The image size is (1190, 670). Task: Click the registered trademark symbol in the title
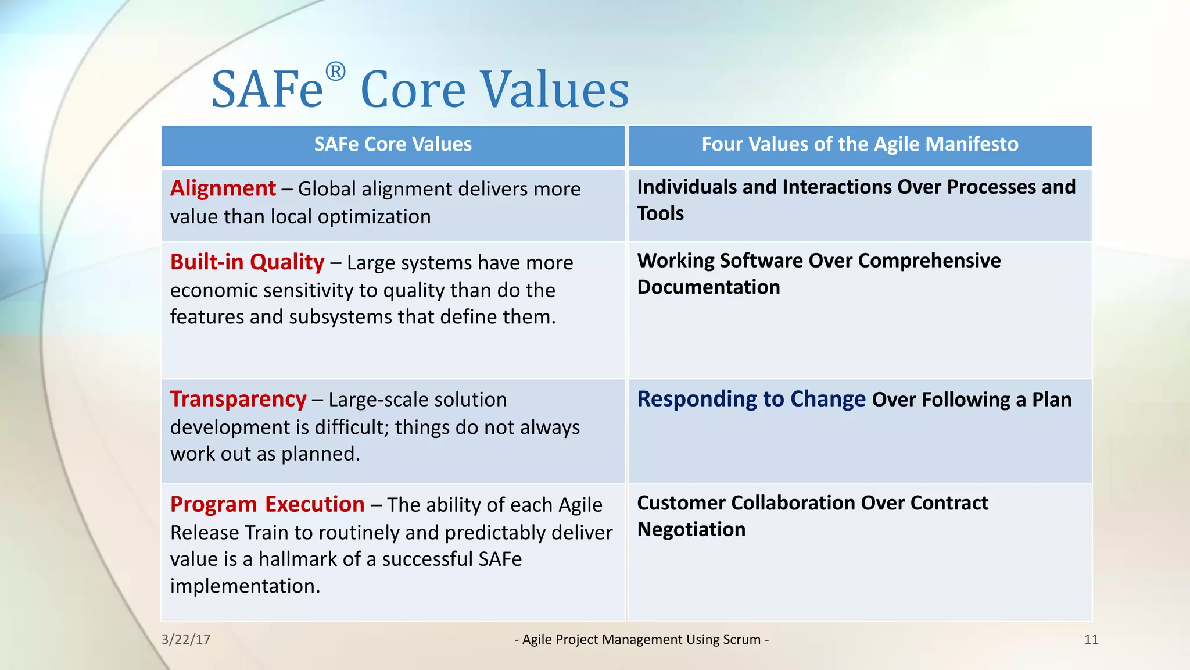point(335,73)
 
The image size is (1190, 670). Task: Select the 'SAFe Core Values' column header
point(393,144)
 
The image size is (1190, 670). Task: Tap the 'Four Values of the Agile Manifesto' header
point(859,144)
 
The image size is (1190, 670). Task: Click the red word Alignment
point(223,188)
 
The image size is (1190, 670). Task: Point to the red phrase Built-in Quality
point(247,262)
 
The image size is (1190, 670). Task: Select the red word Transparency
point(238,400)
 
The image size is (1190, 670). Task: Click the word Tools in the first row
point(660,213)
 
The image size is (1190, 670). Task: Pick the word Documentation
point(708,287)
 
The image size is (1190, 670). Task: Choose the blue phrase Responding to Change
point(751,400)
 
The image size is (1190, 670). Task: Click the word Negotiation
point(691,530)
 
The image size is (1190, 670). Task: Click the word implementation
point(245,586)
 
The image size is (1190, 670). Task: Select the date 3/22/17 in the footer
point(186,640)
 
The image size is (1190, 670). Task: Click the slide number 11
point(1091,640)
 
